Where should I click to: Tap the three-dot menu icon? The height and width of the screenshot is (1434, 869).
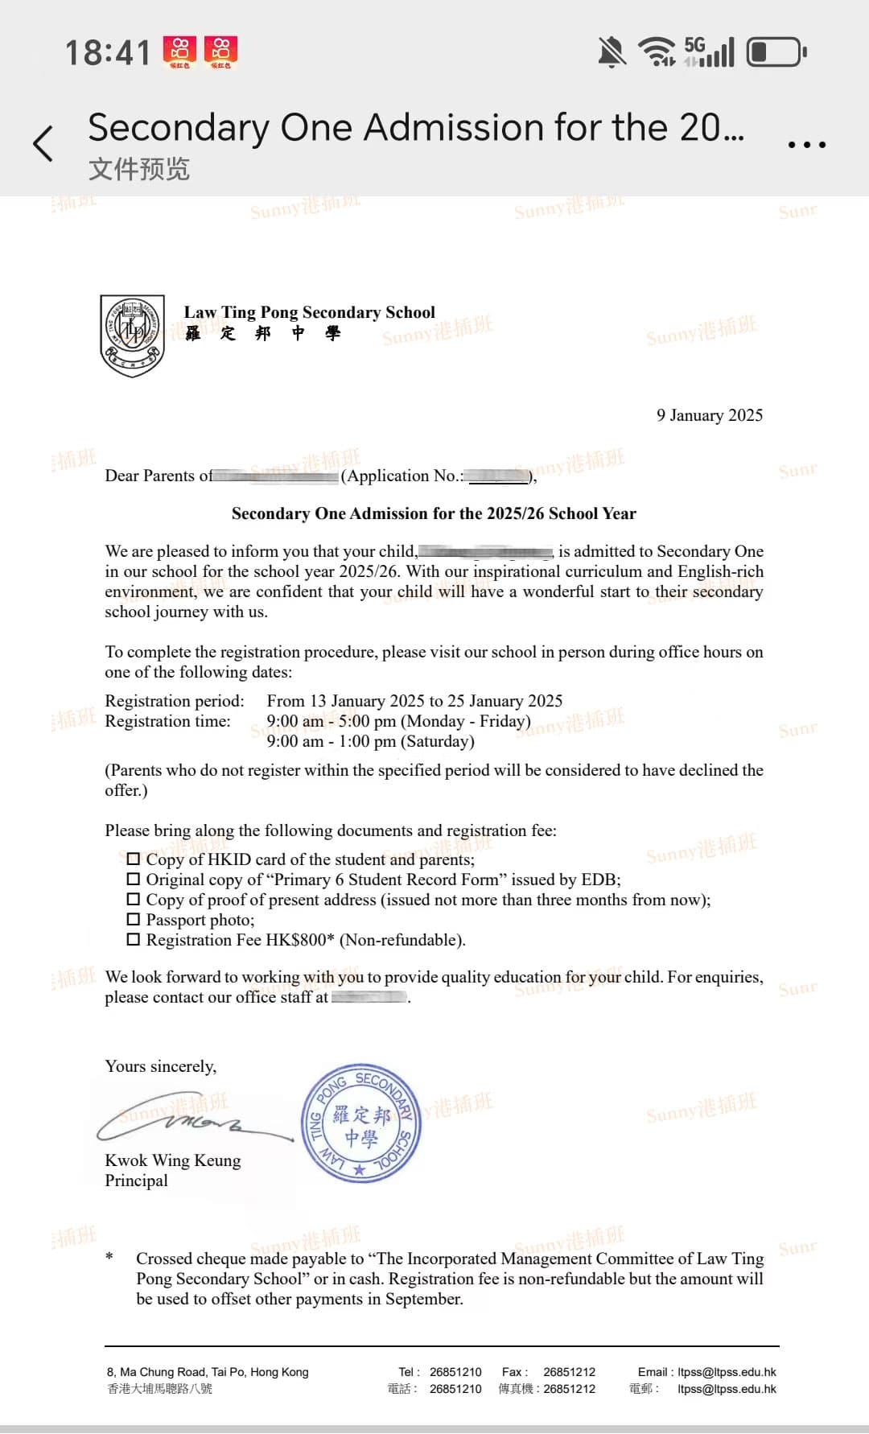tap(806, 145)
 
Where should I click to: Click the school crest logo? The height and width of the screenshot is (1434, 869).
tap(133, 335)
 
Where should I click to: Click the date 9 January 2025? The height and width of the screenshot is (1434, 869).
tap(709, 415)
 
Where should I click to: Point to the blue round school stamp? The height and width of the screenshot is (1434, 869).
tap(361, 1124)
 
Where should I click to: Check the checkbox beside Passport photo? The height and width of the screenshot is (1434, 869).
tap(134, 919)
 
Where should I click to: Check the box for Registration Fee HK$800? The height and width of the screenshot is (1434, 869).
tap(134, 939)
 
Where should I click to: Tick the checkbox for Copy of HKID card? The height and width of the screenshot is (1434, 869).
tap(134, 859)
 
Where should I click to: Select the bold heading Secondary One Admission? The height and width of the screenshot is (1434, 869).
tap(434, 513)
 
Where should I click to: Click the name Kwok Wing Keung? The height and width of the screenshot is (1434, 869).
tap(173, 1160)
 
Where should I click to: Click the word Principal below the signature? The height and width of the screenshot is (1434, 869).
tap(137, 1181)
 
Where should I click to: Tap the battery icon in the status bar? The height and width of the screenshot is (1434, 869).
tap(776, 52)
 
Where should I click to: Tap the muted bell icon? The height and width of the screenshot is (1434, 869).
tap(612, 52)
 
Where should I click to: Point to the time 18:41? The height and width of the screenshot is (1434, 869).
tap(108, 53)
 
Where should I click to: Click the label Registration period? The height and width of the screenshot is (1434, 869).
tap(175, 701)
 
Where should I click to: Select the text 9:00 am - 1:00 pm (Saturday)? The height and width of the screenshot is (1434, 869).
tap(370, 741)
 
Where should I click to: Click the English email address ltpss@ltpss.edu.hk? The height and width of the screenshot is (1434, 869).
tap(727, 1372)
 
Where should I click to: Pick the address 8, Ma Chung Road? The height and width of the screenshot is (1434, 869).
tap(208, 1372)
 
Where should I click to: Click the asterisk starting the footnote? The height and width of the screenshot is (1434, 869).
tap(109, 1256)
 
